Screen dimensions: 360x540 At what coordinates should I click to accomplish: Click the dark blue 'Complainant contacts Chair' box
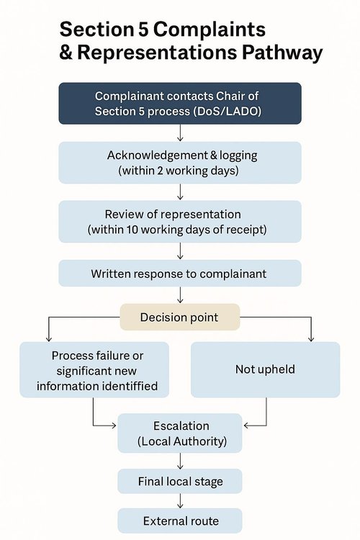click(180, 103)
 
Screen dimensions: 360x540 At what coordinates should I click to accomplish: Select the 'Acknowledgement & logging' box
click(180, 163)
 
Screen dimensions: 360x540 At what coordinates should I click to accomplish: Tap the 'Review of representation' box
click(180, 222)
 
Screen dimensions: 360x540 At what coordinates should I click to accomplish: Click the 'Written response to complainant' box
click(180, 274)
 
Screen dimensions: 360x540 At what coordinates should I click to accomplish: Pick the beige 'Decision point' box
click(180, 317)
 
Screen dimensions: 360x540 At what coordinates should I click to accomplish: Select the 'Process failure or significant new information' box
click(94, 369)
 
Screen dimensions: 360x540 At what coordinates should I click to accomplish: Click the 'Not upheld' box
click(265, 369)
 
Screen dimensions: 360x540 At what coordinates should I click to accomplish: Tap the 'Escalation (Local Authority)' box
click(180, 433)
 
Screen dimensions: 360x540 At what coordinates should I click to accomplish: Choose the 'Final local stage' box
click(180, 481)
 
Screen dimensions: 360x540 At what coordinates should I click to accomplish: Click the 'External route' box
click(180, 521)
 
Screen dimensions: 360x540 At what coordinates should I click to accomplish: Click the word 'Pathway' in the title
click(282, 53)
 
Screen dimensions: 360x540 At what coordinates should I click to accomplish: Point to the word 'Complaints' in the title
click(210, 29)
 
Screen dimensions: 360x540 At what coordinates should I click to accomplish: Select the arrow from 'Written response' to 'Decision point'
click(180, 295)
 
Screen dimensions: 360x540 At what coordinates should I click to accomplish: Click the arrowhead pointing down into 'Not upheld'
click(311, 339)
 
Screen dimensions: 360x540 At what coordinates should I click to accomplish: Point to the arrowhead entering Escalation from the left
click(114, 426)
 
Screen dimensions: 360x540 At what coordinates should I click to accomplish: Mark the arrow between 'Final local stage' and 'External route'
click(180, 501)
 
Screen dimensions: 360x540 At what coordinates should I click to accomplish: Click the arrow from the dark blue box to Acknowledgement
click(180, 133)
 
